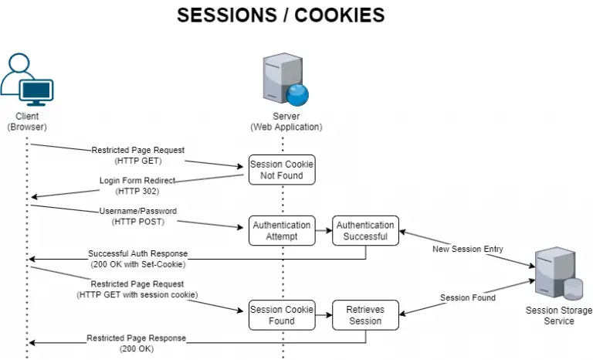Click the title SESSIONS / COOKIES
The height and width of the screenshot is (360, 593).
[x=281, y=15]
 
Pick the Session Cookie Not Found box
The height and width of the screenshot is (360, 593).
[x=281, y=169]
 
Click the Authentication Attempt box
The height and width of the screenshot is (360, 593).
[x=281, y=230]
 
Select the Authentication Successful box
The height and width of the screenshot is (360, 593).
[x=365, y=230]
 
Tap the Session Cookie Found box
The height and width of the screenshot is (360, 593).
[x=281, y=315]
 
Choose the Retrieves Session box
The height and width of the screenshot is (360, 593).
[x=365, y=315]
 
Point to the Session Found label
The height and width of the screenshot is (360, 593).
[x=468, y=297]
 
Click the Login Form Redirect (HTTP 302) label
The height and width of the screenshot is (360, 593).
[x=137, y=185]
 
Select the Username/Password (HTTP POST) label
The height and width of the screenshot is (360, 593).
[x=138, y=216]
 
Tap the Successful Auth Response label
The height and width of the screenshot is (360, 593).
[x=137, y=258]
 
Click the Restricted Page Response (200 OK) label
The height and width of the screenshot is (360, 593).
[x=137, y=343]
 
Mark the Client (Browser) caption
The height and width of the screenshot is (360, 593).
[x=27, y=121]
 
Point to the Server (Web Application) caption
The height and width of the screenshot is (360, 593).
[x=286, y=121]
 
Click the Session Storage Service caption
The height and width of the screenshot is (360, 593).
[x=558, y=316]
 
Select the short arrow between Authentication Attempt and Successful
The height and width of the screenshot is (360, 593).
[x=324, y=230]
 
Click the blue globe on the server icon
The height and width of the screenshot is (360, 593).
[x=297, y=94]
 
